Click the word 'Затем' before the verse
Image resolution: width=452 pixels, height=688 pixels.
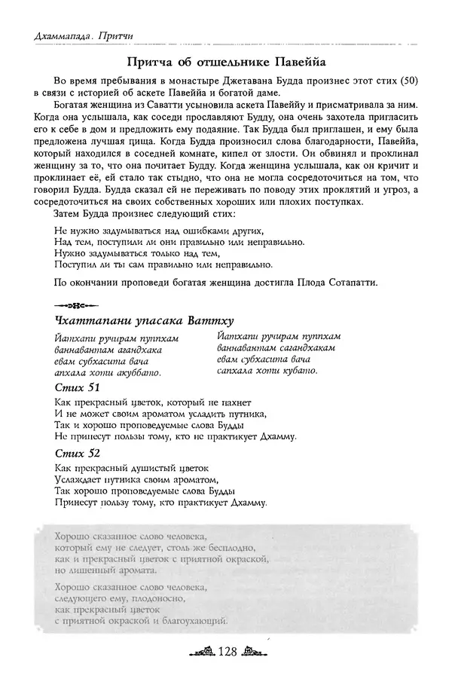point(69,213)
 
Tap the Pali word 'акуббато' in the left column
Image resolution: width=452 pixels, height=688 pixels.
point(139,372)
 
